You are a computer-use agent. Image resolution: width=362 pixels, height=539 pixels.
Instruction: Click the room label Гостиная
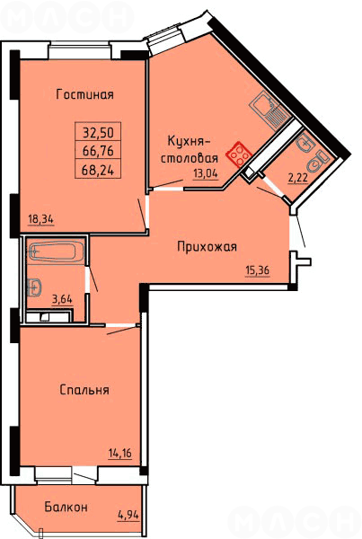[x=85, y=94]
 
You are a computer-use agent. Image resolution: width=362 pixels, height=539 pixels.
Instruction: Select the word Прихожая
[x=207, y=246]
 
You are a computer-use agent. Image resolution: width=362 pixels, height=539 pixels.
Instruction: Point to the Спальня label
[x=84, y=390]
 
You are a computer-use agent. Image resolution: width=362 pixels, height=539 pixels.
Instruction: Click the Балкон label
[x=66, y=507]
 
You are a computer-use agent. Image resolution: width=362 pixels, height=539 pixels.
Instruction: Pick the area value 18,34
[x=41, y=219]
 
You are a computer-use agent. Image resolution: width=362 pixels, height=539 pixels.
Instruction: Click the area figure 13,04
[x=206, y=173]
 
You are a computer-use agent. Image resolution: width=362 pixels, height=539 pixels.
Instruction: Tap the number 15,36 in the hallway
[x=258, y=270]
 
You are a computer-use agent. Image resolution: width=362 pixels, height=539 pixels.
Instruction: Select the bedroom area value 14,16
[x=120, y=454]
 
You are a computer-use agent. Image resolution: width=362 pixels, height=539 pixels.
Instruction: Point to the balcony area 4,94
[x=128, y=515]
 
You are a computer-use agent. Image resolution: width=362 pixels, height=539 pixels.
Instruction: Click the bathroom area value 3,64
[x=62, y=299]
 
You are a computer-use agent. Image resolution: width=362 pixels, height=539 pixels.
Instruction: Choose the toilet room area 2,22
[x=297, y=178]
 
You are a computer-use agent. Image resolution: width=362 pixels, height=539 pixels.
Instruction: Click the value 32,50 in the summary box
[x=98, y=132]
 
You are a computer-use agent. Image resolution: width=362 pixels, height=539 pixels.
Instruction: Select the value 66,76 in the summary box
[x=98, y=150]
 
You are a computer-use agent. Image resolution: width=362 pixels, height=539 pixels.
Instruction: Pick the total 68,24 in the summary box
[x=98, y=170]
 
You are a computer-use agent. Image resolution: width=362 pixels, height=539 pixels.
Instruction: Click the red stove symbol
[x=239, y=155]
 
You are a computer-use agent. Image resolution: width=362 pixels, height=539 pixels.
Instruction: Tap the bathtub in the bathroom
[x=53, y=252]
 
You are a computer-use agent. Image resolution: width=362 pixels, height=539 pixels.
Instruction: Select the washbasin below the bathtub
[x=34, y=286]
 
